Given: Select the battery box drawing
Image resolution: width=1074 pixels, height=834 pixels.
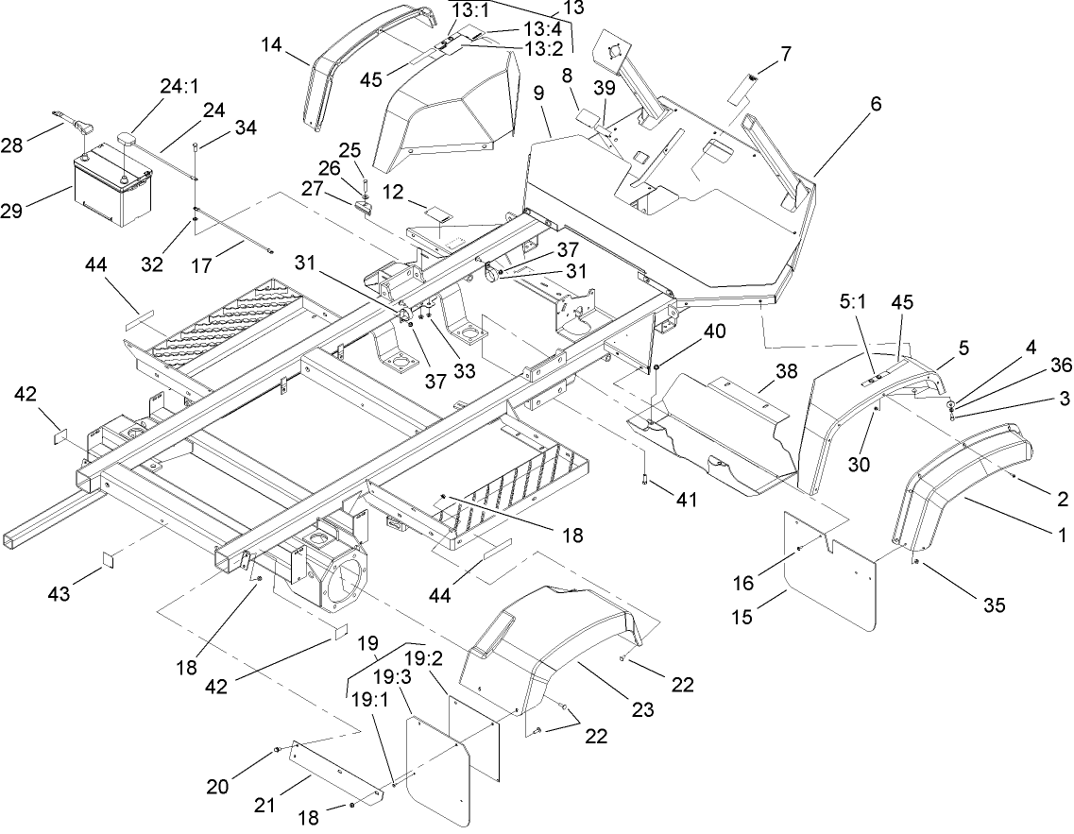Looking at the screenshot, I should point(112,187).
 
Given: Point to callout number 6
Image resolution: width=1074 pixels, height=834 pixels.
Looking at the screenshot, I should point(876,105).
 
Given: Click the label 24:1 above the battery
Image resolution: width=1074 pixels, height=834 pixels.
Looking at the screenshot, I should point(179,87).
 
